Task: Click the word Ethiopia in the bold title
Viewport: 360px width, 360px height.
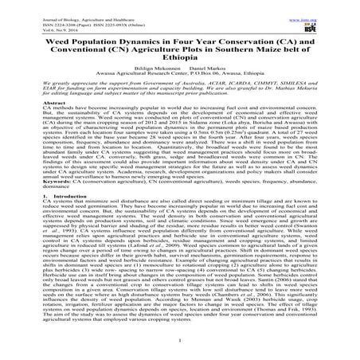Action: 180,61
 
